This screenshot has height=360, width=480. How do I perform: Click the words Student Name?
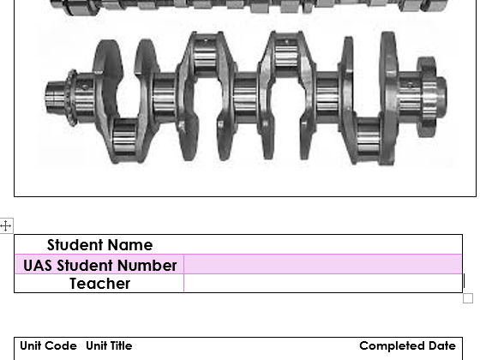click(99, 245)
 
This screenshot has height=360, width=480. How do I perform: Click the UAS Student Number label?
click(99, 265)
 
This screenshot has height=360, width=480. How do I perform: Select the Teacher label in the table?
click(99, 284)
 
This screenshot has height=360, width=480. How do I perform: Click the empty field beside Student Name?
click(322, 245)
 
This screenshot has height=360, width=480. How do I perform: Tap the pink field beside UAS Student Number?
click(322, 265)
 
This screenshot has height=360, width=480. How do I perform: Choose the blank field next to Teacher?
click(322, 284)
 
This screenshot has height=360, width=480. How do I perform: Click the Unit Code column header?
click(48, 346)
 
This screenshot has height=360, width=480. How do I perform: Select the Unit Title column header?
click(109, 346)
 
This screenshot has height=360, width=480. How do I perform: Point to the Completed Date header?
click(407, 346)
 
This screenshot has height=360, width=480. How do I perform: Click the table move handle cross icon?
click(6, 226)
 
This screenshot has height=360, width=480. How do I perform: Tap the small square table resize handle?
click(467, 298)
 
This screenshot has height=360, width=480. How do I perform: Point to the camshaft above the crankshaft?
click(249, 7)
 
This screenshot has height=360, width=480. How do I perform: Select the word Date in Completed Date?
click(441, 346)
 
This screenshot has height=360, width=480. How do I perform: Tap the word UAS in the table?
click(39, 265)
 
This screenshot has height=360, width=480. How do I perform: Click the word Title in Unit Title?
click(119, 346)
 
